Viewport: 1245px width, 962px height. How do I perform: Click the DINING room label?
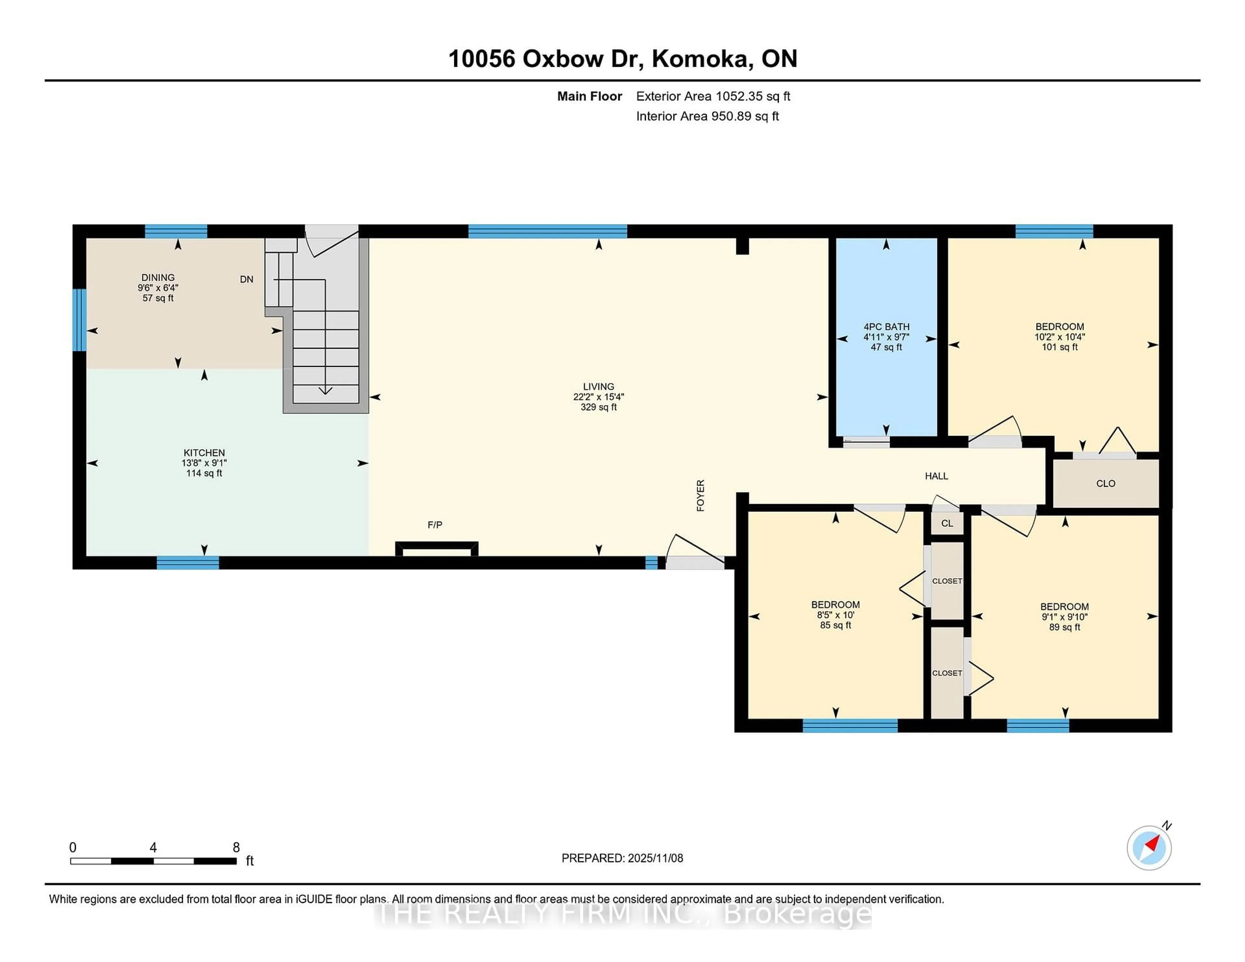pos(158,277)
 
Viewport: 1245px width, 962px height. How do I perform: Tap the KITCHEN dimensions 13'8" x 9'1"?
pos(204,463)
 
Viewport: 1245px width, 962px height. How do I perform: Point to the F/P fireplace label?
pos(435,525)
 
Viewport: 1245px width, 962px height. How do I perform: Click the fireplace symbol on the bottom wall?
pos(437,549)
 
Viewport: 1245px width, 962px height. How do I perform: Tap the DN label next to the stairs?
pos(246,279)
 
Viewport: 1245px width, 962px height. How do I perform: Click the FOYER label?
pos(701,495)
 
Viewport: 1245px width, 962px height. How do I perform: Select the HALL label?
pos(936,476)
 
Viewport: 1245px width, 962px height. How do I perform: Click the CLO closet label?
pos(1105,483)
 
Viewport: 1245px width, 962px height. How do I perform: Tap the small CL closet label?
pos(947,523)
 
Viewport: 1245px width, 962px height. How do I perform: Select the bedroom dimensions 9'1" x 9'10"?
pos(1064,616)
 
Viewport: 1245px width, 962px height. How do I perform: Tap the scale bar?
pos(153,861)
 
